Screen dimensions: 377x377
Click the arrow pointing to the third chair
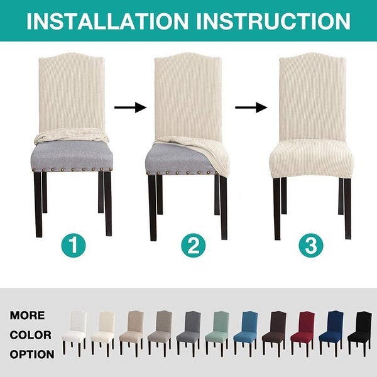(251, 108)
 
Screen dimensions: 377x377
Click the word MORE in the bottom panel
(27, 315)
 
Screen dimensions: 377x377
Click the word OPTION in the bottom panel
(31, 354)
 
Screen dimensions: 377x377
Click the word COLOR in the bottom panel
(30, 335)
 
